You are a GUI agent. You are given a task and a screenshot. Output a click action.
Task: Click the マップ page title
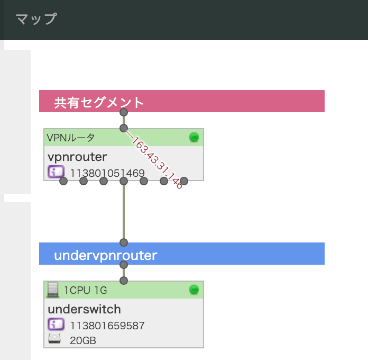(36, 19)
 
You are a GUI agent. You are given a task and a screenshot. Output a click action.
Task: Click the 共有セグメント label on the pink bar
(98, 103)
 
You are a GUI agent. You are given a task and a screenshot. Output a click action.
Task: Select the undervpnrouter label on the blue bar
(106, 255)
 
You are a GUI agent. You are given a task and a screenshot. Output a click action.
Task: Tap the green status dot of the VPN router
(194, 137)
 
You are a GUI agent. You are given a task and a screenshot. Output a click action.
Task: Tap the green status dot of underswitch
(194, 290)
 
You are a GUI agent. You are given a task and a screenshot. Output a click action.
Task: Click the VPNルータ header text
(71, 138)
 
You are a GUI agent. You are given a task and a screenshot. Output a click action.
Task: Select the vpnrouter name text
(77, 157)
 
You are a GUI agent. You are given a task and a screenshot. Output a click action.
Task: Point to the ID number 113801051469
(107, 173)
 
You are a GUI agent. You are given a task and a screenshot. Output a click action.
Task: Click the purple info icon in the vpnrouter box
(56, 172)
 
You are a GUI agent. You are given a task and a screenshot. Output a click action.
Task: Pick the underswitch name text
(84, 309)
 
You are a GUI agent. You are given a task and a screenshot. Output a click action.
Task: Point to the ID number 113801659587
(107, 326)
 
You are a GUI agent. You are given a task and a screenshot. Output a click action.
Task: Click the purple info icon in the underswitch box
(56, 324)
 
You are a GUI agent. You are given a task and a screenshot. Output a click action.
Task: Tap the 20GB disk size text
(83, 340)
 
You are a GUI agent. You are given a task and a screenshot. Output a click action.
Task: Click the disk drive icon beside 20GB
(54, 339)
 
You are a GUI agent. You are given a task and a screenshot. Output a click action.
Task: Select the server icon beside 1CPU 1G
(53, 290)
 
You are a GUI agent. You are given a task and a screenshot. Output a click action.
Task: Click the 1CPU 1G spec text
(86, 291)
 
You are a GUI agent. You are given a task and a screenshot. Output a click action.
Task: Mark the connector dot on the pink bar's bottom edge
(124, 112)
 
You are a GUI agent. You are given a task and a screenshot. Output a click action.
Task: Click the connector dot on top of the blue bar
(124, 242)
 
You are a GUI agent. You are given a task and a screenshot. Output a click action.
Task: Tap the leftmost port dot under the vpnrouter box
(63, 181)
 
